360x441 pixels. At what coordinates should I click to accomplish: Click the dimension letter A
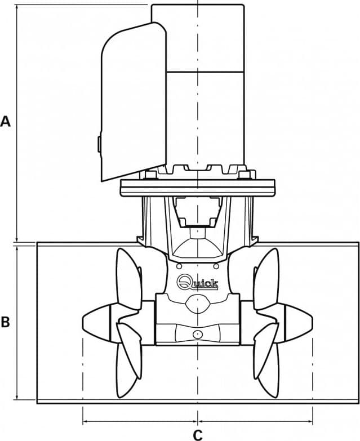pos(5,122)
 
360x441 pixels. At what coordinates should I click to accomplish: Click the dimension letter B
pos(5,322)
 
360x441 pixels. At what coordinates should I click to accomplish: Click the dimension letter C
pos(198,435)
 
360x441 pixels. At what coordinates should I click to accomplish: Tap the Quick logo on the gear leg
pos(197,282)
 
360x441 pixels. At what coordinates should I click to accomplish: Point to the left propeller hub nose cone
pos(96,320)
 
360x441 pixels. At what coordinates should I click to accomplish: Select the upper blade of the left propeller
pos(128,279)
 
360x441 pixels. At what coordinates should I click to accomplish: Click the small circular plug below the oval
pos(198,334)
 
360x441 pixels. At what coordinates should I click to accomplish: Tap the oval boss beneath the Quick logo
pos(198,304)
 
